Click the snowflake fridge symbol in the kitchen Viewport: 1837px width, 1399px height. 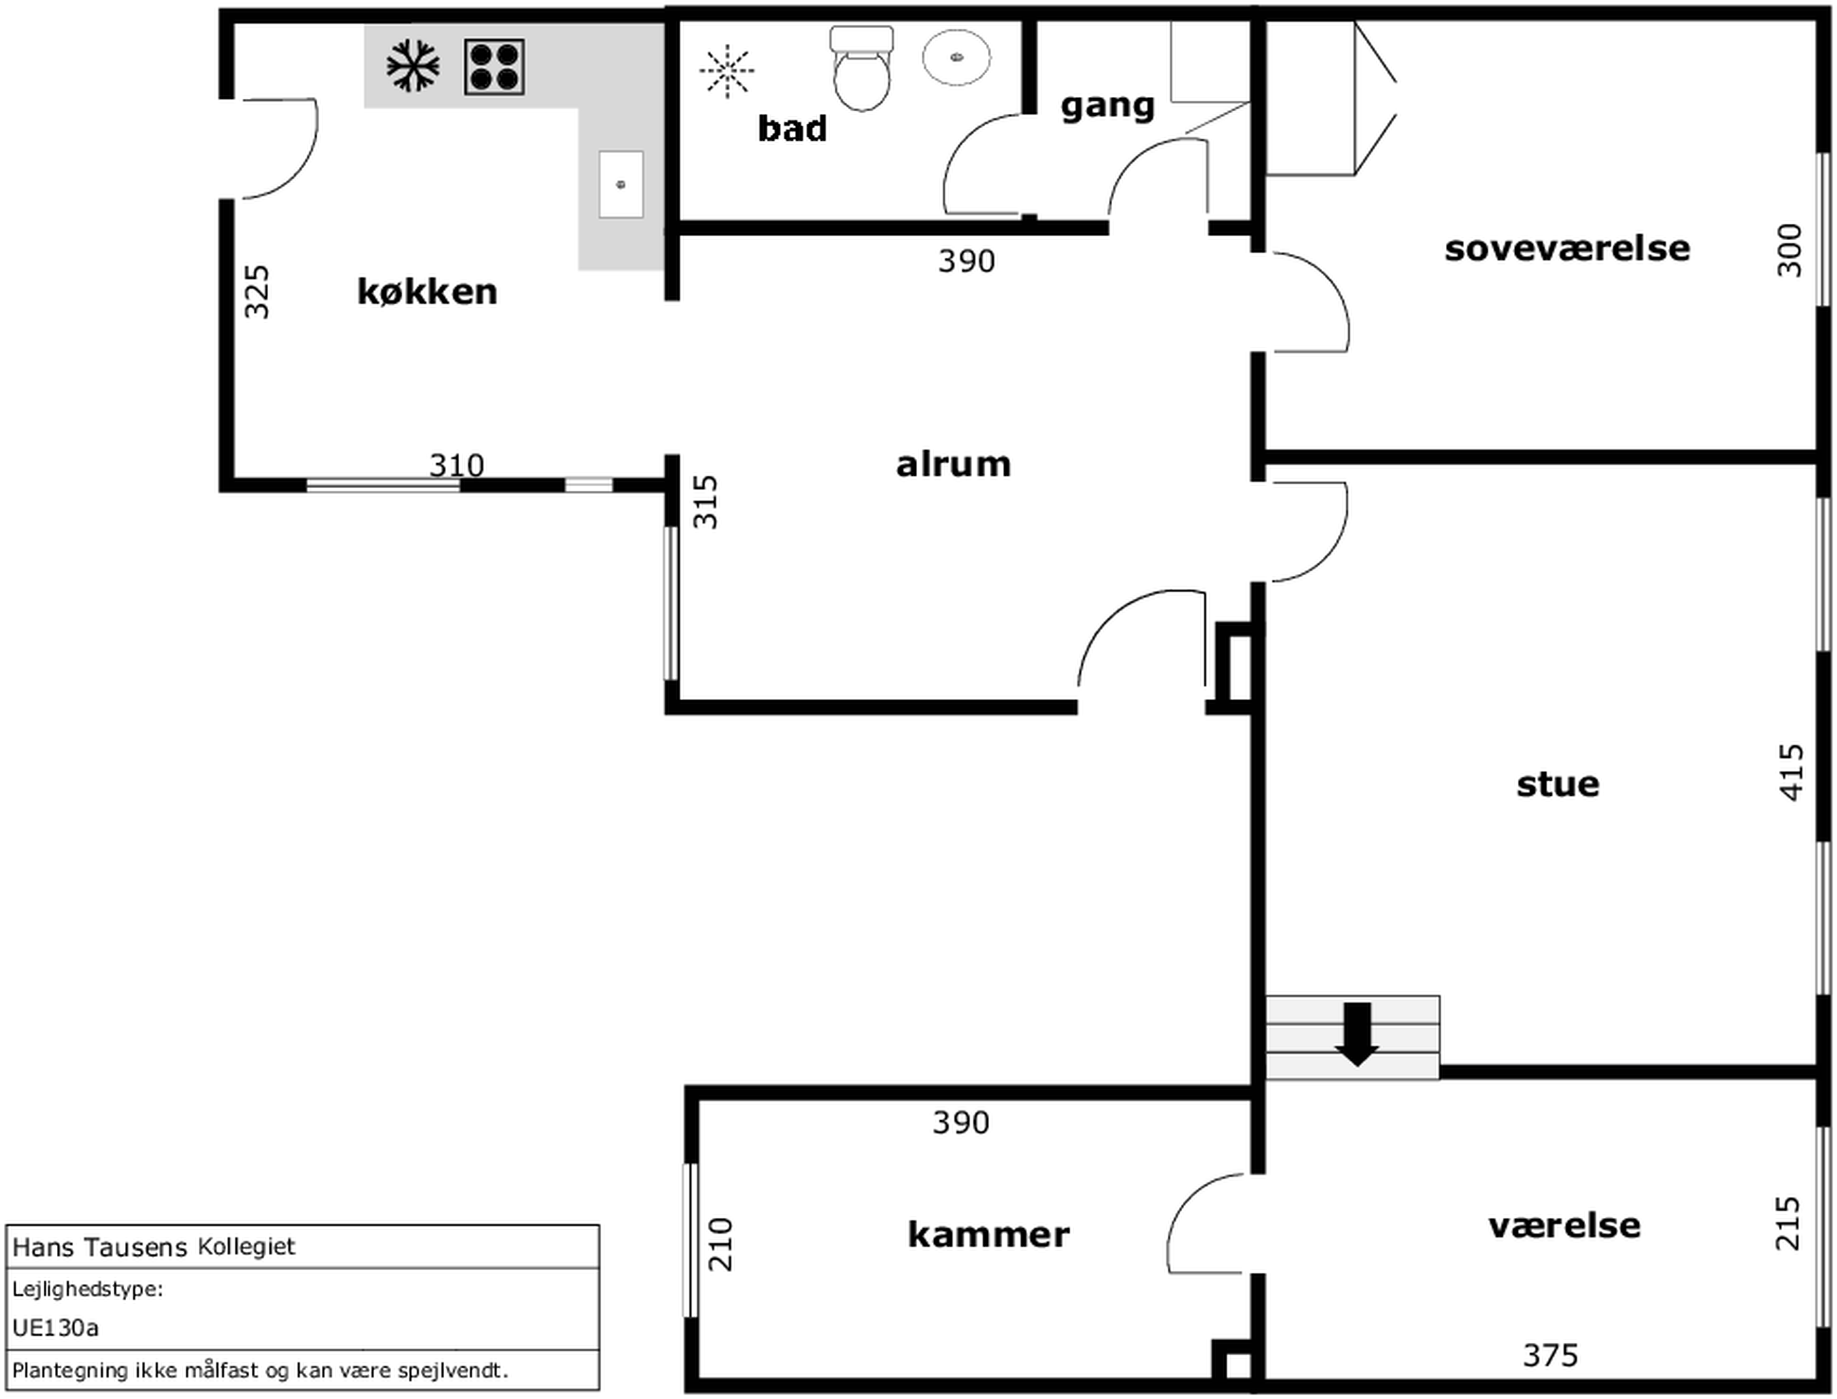pos(413,67)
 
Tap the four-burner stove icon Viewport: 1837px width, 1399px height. pos(494,67)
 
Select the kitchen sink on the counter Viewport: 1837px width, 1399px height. pos(621,184)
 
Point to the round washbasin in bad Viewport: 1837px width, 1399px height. pos(957,57)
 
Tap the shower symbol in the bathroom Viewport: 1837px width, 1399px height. pos(727,71)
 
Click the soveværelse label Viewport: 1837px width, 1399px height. pos(1567,248)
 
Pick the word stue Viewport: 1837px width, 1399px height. pos(1558,784)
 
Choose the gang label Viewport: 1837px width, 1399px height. pos(1108,106)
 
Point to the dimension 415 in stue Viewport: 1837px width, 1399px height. pos(1790,772)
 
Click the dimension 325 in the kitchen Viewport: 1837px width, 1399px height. pos(257,291)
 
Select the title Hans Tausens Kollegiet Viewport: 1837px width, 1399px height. pos(154,1246)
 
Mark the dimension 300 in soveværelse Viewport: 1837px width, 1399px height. pos(1789,251)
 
